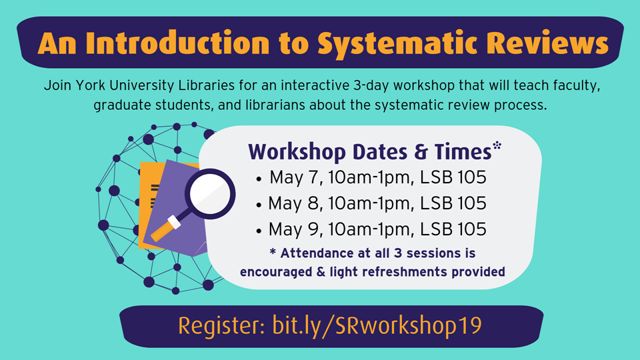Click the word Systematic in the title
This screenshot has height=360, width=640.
pyautogui.click(x=397, y=43)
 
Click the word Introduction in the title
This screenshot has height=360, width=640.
pyautogui.click(x=178, y=43)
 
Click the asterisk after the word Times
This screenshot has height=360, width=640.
pyautogui.click(x=497, y=145)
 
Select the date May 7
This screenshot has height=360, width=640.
pyautogui.click(x=295, y=177)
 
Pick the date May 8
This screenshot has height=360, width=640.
pyautogui.click(x=295, y=203)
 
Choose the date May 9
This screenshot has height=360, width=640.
pyautogui.click(x=295, y=229)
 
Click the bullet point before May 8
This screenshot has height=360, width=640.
pyautogui.click(x=259, y=205)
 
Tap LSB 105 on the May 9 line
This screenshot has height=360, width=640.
pyautogui.click(x=453, y=229)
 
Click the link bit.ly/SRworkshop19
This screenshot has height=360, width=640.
pyautogui.click(x=377, y=326)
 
